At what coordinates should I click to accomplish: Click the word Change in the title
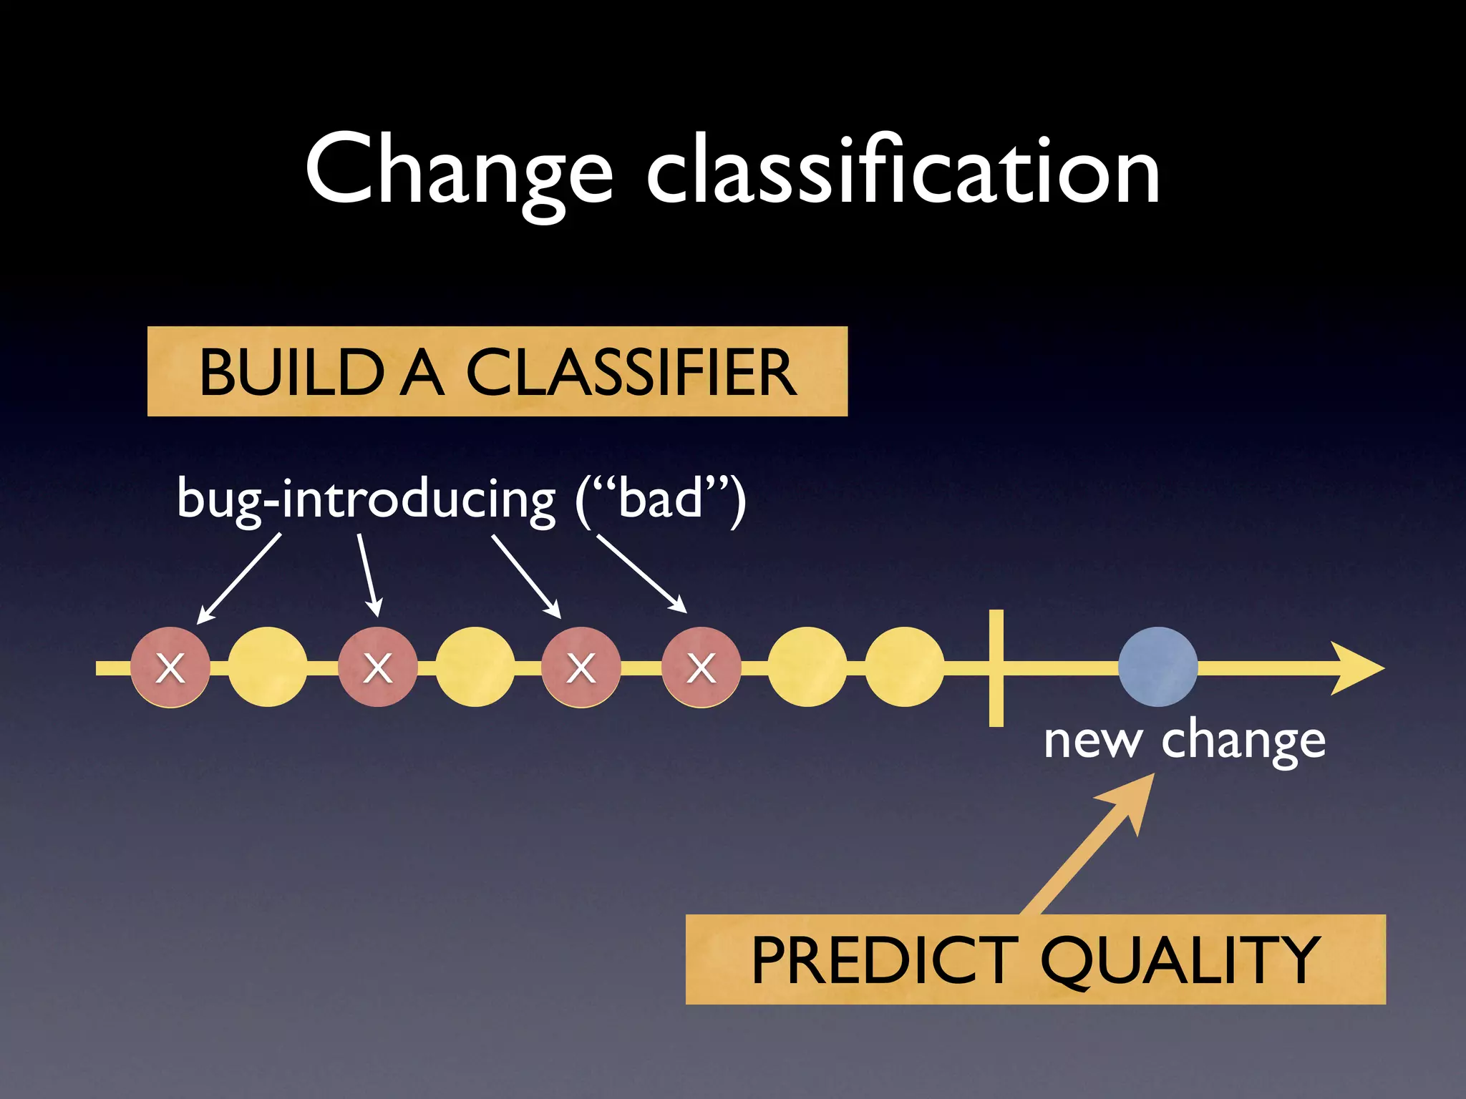tap(458, 172)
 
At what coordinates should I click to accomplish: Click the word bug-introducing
tap(365, 499)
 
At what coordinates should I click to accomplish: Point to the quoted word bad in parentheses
tap(661, 499)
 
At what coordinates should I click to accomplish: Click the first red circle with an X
tap(170, 668)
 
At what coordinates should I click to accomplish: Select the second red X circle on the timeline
tap(378, 668)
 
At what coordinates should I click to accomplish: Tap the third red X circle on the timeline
tap(581, 668)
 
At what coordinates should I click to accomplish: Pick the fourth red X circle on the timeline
tap(701, 668)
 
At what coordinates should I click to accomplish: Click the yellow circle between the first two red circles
tap(268, 668)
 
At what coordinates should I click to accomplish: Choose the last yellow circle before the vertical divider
tap(905, 668)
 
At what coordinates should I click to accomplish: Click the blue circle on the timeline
tap(1157, 667)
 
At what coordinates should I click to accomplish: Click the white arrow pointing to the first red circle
tap(238, 579)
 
